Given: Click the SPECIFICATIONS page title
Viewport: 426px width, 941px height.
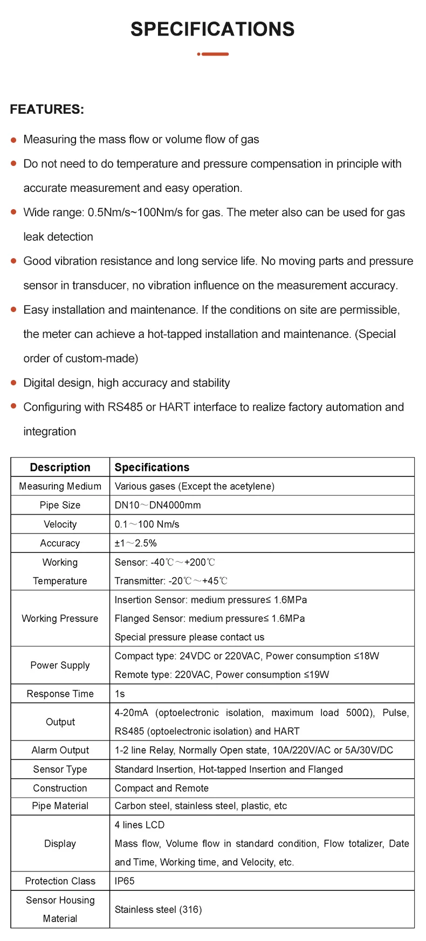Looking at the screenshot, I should [x=212, y=29].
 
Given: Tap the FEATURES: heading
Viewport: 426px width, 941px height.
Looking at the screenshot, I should [x=47, y=109].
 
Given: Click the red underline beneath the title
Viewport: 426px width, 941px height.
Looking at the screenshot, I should [x=213, y=54].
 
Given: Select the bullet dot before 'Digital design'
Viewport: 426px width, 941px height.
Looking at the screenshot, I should [x=14, y=383].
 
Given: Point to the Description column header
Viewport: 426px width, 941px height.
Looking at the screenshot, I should [x=60, y=467].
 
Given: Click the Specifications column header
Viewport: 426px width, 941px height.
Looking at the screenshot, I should [x=152, y=467].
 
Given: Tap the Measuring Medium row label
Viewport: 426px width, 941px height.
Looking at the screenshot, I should [x=60, y=486].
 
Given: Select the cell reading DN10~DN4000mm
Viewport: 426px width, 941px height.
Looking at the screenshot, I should [x=157, y=505].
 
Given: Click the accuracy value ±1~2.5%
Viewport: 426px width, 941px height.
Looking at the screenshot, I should [x=135, y=543].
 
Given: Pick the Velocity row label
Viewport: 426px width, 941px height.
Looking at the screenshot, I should [x=60, y=524].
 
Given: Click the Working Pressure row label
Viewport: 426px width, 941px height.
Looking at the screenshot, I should [x=60, y=618].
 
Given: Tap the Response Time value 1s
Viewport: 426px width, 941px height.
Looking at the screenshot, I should [x=120, y=694].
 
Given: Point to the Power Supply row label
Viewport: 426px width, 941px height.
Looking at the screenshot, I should [x=60, y=665].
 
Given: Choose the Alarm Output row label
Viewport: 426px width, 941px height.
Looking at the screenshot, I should [x=60, y=750].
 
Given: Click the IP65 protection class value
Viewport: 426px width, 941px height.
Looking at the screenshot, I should [x=125, y=881].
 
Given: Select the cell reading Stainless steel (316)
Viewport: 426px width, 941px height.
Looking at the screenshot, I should [x=158, y=910].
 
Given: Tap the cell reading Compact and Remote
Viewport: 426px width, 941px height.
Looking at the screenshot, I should [x=161, y=788].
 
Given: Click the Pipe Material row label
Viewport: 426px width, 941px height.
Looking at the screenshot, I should [x=60, y=806].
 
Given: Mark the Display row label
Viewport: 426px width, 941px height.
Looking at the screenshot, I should [x=60, y=843].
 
